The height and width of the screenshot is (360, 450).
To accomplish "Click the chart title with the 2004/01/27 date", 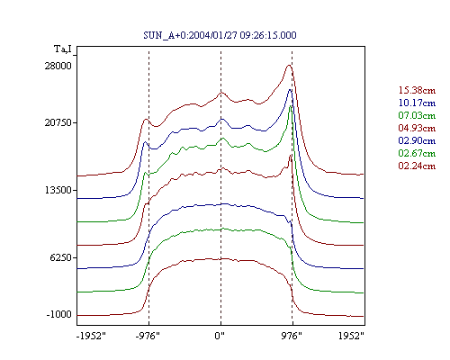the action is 220,35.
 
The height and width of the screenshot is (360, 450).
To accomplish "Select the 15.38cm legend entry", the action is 417,90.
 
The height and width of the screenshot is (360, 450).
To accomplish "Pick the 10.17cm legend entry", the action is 417,103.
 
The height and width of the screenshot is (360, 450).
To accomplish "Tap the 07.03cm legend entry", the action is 417,115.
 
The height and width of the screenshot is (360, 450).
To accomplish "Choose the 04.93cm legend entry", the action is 417,128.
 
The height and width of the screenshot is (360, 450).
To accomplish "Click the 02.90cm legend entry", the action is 417,140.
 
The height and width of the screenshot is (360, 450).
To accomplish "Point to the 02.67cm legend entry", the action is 417,153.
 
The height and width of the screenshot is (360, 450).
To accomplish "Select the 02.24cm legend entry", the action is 417,166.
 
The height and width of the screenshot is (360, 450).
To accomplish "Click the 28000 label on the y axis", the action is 58,66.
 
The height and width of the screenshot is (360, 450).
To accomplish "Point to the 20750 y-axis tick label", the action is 58,122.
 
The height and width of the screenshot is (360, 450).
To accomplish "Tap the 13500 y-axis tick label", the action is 58,190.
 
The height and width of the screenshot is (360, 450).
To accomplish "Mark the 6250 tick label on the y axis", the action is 61,257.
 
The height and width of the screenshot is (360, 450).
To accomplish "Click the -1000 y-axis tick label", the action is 59,314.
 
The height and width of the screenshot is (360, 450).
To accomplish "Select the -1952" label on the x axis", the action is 91,336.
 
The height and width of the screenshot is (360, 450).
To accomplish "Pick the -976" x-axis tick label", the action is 148,336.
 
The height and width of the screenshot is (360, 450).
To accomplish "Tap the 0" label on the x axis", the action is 220,336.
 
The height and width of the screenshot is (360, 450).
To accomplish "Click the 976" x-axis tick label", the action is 292,336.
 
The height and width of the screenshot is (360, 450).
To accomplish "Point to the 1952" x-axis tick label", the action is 351,336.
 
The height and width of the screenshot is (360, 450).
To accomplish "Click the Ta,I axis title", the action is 63,49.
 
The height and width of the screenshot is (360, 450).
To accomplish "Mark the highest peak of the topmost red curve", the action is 289,65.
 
